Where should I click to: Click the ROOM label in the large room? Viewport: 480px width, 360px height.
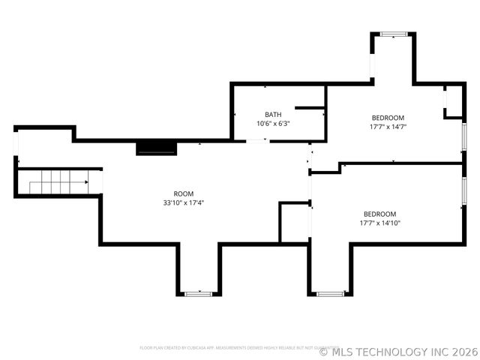point(184,193)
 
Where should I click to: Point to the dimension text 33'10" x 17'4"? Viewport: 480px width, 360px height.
point(184,202)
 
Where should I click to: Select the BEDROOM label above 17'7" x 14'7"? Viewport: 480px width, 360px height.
point(388,118)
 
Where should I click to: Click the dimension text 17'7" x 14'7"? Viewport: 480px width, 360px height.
point(388,127)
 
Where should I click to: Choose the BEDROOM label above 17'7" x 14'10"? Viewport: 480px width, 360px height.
point(379,214)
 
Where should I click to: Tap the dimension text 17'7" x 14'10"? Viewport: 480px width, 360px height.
point(379,223)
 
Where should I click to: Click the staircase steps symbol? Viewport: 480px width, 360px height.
point(58,181)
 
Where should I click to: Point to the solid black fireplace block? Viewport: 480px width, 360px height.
point(156,147)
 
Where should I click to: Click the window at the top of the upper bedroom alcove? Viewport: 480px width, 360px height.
point(392,34)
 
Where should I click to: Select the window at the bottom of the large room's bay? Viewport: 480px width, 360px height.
point(198,293)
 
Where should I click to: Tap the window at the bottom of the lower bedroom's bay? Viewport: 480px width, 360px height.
point(329,293)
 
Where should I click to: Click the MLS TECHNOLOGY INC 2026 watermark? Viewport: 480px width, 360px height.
point(398,351)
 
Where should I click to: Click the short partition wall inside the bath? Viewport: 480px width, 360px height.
point(308,108)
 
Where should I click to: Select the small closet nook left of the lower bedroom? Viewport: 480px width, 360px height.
point(295,222)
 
